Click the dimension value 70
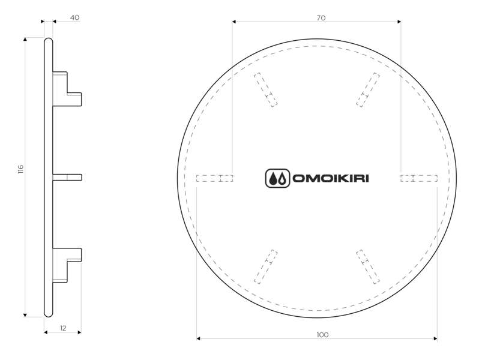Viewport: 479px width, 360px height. (x=321, y=18)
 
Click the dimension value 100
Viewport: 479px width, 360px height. (x=322, y=335)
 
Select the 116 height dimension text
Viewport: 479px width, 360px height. (x=20, y=169)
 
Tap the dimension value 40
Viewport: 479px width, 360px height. (x=74, y=18)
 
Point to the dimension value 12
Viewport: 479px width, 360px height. (x=63, y=328)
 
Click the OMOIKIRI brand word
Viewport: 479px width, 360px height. (x=331, y=178)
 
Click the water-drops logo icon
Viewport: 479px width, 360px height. (x=277, y=178)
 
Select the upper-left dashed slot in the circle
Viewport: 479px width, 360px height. (x=265, y=90)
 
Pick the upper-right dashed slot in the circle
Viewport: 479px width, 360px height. (x=368, y=90)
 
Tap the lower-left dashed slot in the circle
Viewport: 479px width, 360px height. (x=265, y=267)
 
